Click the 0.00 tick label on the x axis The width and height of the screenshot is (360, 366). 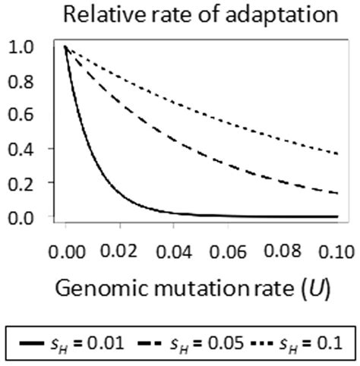[66, 248]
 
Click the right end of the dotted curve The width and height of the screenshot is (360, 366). [333, 155]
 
